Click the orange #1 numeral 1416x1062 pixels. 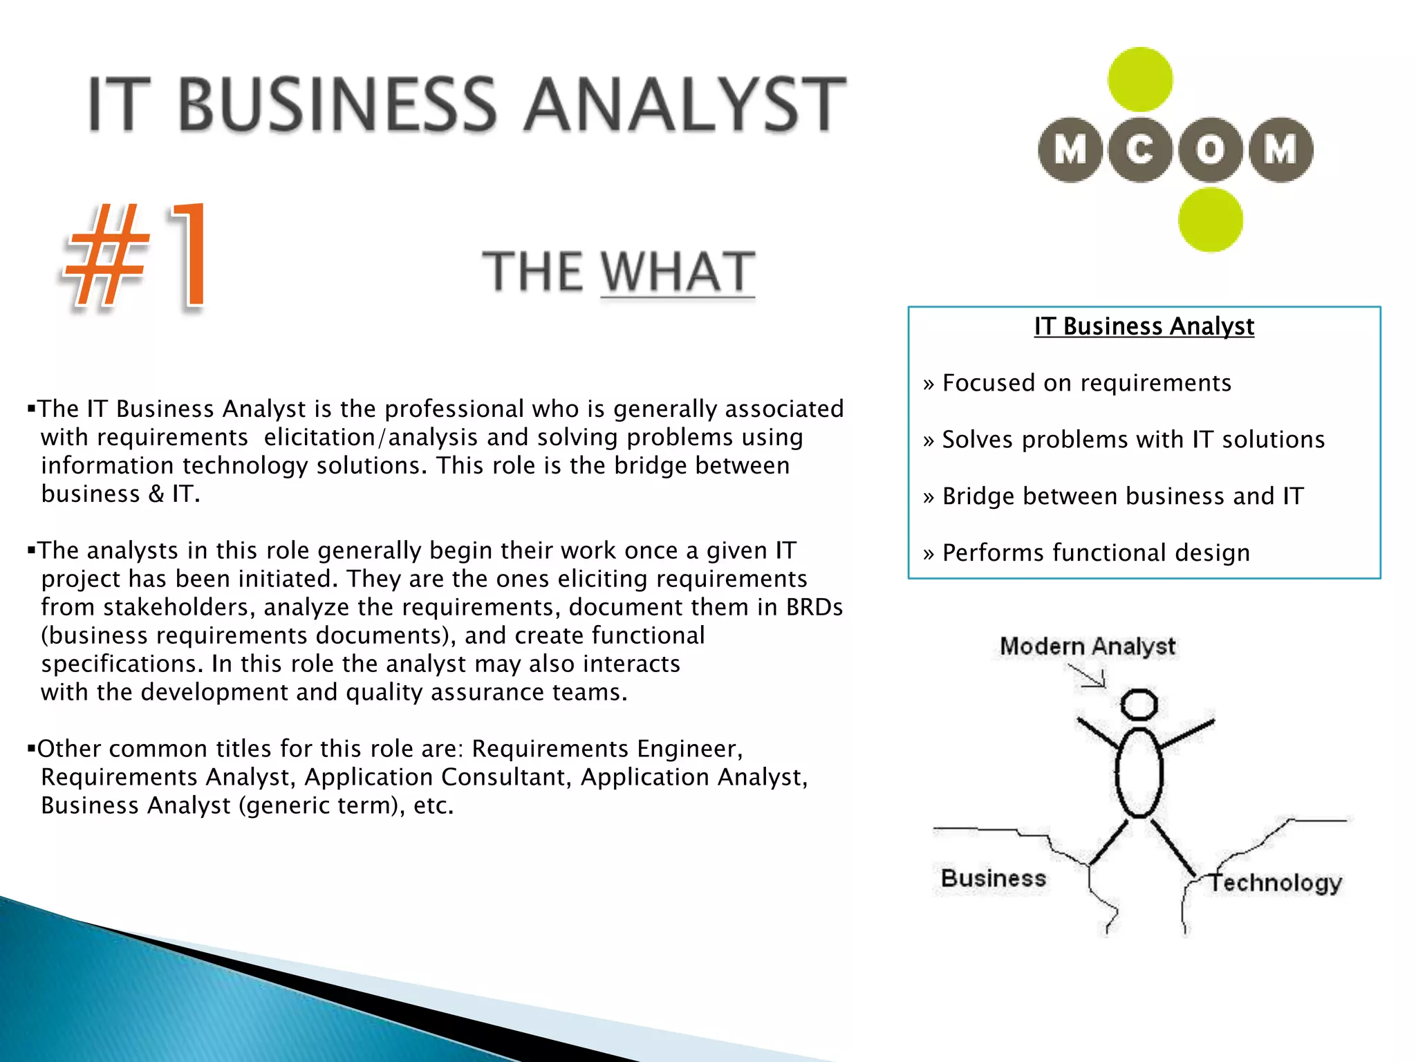pyautogui.click(x=136, y=256)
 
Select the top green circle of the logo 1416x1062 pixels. pyautogui.click(x=1139, y=80)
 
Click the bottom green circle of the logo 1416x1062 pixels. pyautogui.click(x=1210, y=220)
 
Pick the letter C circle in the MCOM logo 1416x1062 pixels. pyautogui.click(x=1139, y=150)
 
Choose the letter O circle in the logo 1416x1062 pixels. pyautogui.click(x=1210, y=150)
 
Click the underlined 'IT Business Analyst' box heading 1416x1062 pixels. pyautogui.click(x=1144, y=326)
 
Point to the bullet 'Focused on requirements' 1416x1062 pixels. pyautogui.click(x=1086, y=383)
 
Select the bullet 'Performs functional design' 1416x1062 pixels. pyautogui.click(x=1095, y=553)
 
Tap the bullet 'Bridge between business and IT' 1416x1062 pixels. pyautogui.click(x=1122, y=496)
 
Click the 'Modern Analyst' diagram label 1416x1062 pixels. pyautogui.click(x=1087, y=646)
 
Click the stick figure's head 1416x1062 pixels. pyautogui.click(x=1139, y=705)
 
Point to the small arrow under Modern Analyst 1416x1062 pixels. pyautogui.click(x=1088, y=676)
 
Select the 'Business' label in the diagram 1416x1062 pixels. pyautogui.click(x=994, y=878)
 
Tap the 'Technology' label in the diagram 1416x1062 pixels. pyautogui.click(x=1276, y=882)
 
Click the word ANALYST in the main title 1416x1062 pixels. pyautogui.click(x=684, y=105)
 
